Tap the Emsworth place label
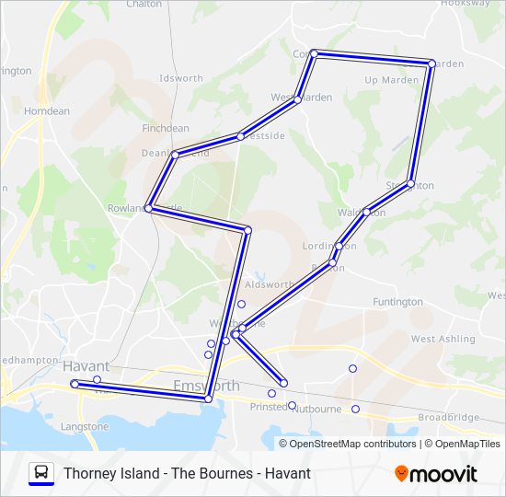pos(206,386)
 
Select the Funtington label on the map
pos(397,302)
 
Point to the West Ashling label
pos(436,339)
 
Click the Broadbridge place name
pos(448,417)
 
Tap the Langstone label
pos(84,426)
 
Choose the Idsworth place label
pos(180,78)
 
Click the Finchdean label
pos(166,128)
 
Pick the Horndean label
pos(46,110)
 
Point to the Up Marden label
pos(392,80)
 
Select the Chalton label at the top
pos(144,4)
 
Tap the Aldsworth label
pos(270,285)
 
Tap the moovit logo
pos(436,474)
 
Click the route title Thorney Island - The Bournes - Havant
pos(188,474)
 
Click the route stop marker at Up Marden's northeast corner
pos(431,64)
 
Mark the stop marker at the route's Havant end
pos(75,384)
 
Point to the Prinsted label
pos(269,407)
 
